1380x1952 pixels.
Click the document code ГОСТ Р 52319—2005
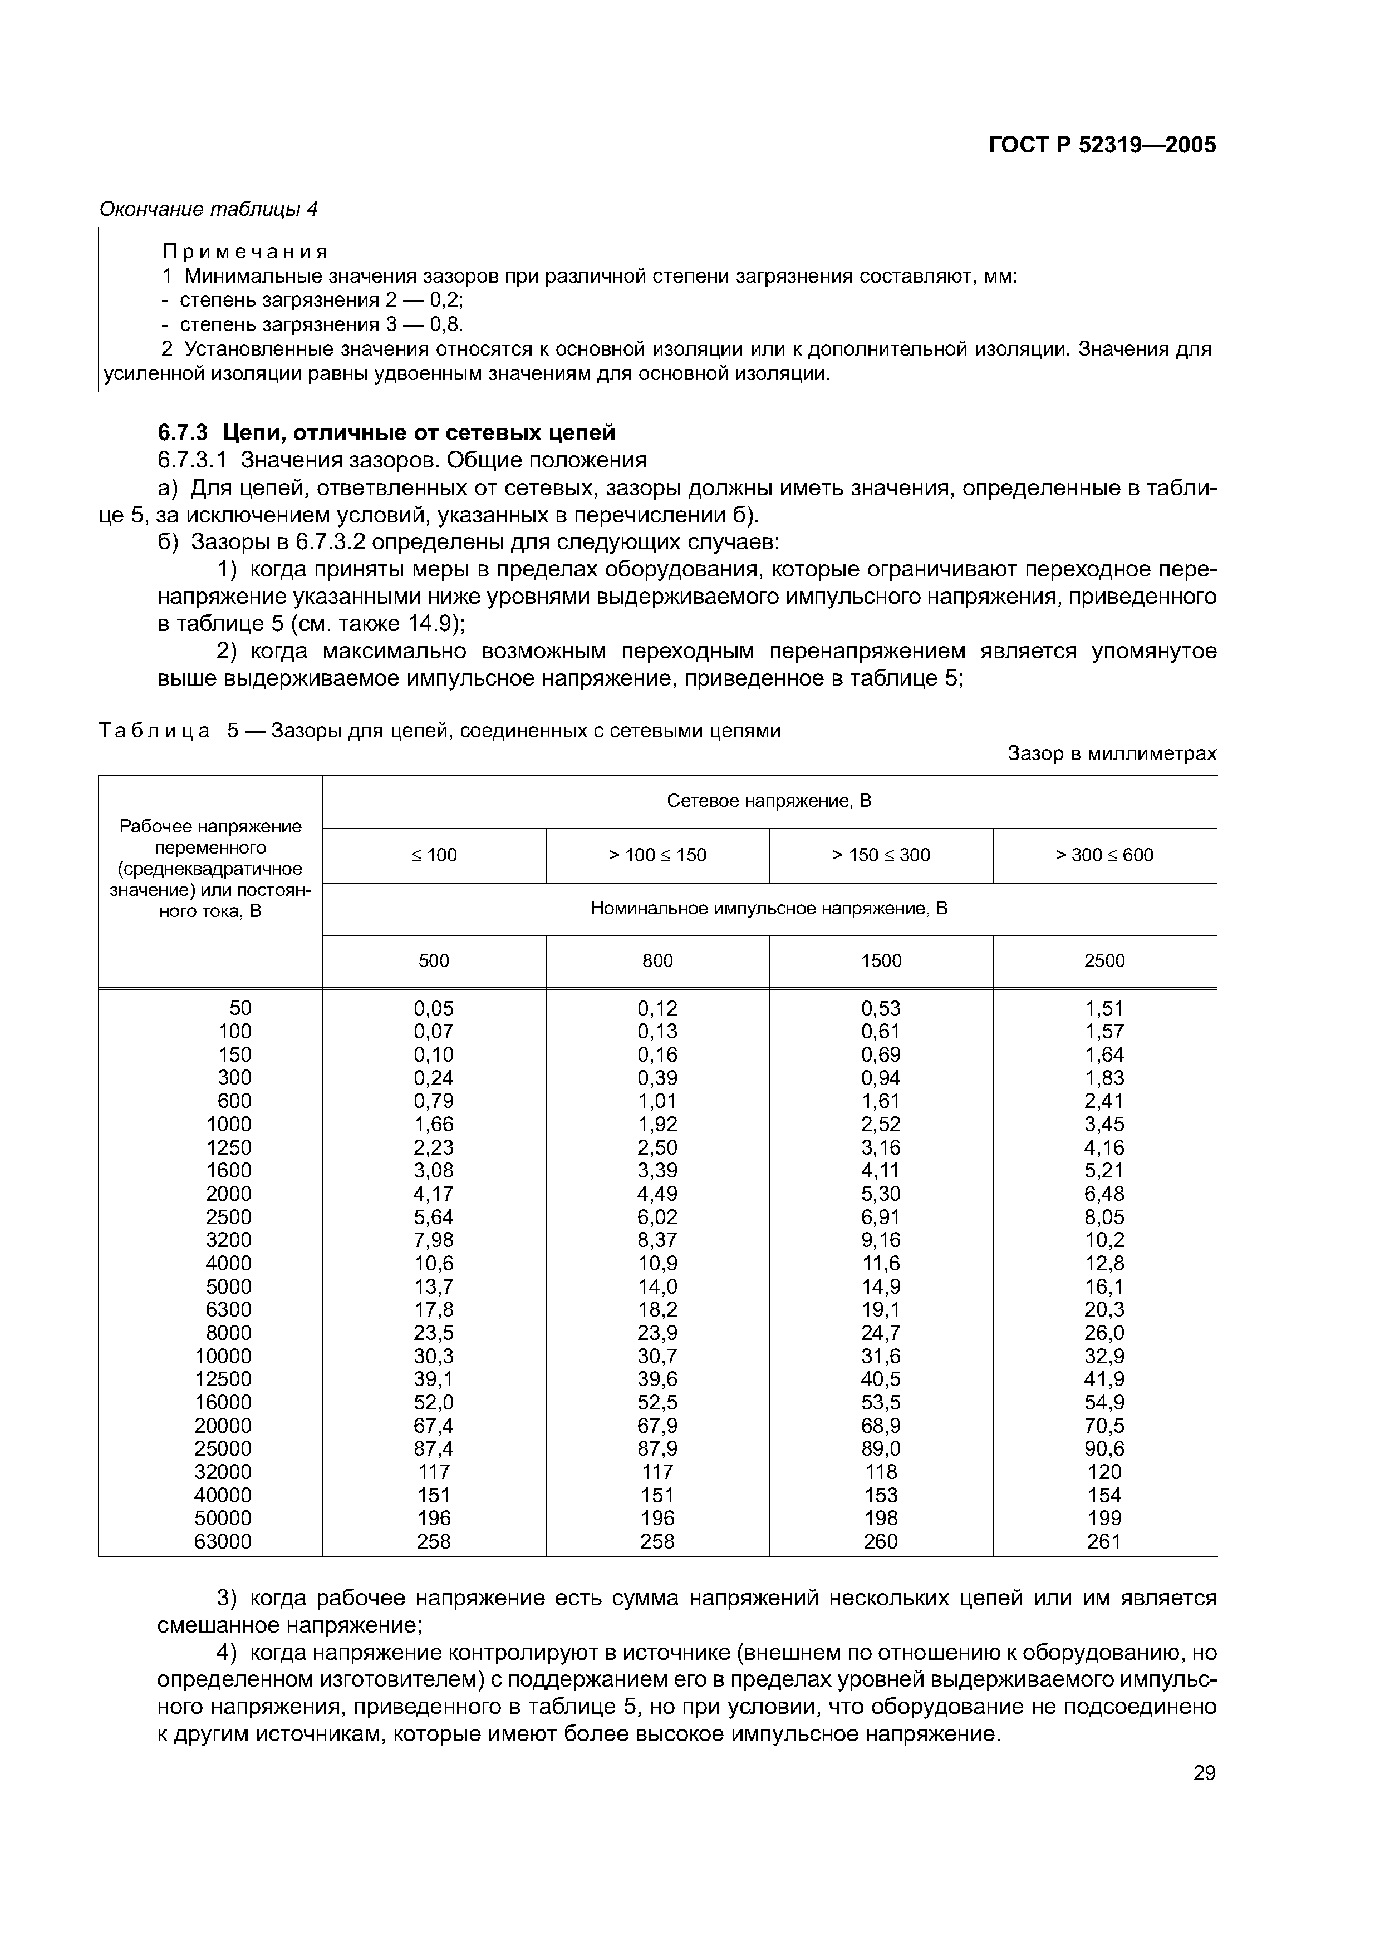1102,145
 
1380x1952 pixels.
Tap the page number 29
1204,1773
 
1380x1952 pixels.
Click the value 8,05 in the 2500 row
1104,1217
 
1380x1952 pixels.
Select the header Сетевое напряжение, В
769,801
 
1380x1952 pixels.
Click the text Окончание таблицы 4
208,209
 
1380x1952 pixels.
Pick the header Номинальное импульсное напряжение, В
769,908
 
